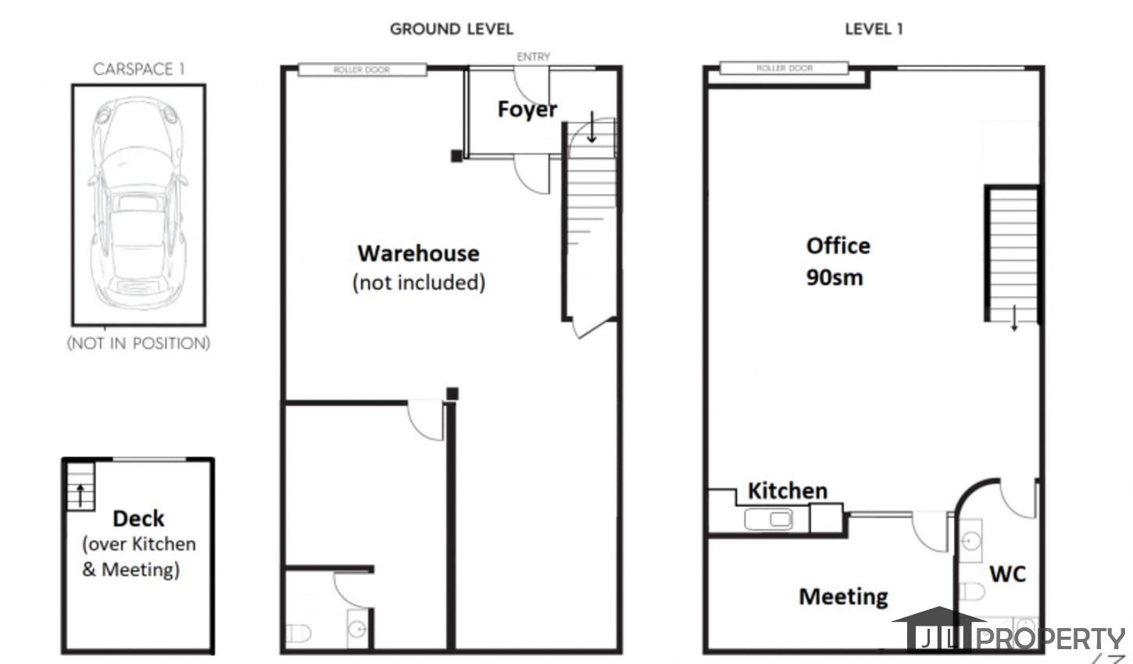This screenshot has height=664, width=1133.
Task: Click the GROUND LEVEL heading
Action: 452,29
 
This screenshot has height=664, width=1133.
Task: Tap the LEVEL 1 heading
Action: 874,29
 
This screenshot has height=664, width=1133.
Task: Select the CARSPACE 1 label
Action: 138,69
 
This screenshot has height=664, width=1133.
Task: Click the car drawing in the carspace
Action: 138,203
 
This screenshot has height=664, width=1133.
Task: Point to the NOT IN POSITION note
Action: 138,344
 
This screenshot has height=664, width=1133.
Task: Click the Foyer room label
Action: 527,109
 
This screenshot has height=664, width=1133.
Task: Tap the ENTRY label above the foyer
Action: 533,57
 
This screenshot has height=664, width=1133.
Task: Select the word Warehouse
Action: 418,253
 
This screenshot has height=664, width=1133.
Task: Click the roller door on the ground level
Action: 362,70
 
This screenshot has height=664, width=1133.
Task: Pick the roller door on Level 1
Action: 784,68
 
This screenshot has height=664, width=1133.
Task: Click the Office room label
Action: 838,246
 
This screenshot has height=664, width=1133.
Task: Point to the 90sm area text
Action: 835,277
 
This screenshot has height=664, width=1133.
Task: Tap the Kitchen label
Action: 788,491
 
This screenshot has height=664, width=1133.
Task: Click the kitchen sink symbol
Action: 768,519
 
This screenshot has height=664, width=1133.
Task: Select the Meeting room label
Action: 843,597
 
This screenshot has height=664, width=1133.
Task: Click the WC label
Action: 1007,574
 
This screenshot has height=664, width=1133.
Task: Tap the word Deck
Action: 138,519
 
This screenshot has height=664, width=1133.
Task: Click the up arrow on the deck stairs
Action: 80,495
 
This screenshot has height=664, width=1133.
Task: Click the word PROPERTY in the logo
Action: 1051,639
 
